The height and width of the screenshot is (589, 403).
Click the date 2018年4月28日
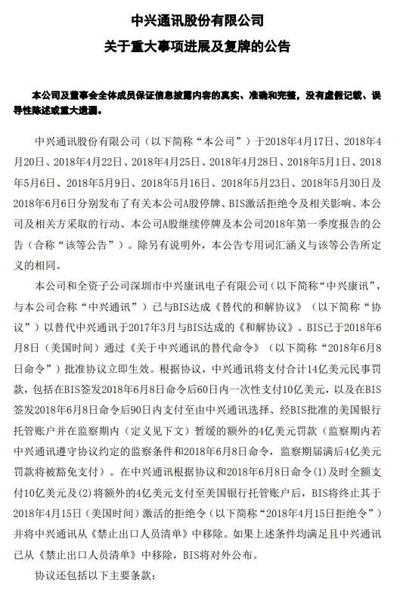coord(244,162)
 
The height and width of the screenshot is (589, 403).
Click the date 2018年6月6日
coord(51,203)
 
